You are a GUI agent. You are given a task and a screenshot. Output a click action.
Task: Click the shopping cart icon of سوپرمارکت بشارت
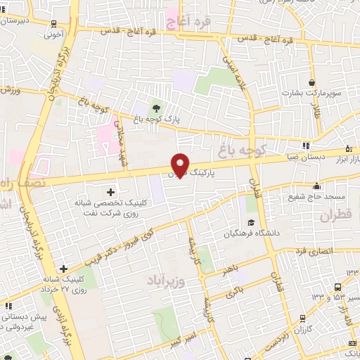pyautogui.click(x=311, y=80)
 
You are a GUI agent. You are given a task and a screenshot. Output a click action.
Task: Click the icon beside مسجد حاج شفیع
pyautogui.click(x=317, y=186)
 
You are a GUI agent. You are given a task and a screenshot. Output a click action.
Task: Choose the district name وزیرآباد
pyautogui.click(x=166, y=281)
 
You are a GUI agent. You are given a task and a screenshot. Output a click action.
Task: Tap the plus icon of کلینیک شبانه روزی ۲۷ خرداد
pyautogui.click(x=64, y=268)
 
